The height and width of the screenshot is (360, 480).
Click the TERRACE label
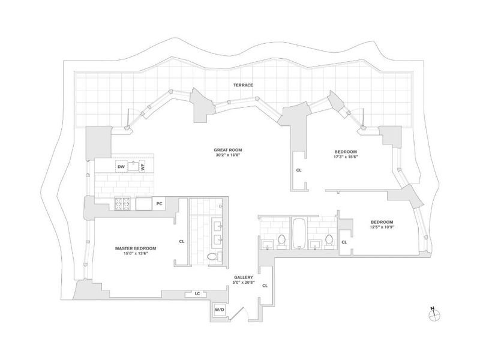[x=243, y=85]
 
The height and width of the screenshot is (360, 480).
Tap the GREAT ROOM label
[x=228, y=150]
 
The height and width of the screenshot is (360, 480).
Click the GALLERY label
[x=244, y=277]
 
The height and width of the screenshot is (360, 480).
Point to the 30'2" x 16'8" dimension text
[x=228, y=155]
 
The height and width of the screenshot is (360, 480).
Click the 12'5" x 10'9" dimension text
[x=382, y=227]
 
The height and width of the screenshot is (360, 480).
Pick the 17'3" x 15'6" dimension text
[x=346, y=157]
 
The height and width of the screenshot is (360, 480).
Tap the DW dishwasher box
[x=121, y=167]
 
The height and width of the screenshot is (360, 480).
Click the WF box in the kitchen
[x=142, y=167]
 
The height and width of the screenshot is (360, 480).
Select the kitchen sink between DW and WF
[x=133, y=166]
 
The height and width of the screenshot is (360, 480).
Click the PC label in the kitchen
[x=159, y=203]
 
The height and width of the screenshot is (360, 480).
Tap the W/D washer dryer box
[x=220, y=310]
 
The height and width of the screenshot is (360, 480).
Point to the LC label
[x=197, y=293]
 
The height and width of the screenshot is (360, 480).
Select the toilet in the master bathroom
[x=212, y=257]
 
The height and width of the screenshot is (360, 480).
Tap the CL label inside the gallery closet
[x=265, y=286]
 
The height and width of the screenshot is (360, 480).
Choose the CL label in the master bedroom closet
[x=182, y=242]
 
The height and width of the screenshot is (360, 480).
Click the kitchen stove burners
[x=122, y=203]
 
